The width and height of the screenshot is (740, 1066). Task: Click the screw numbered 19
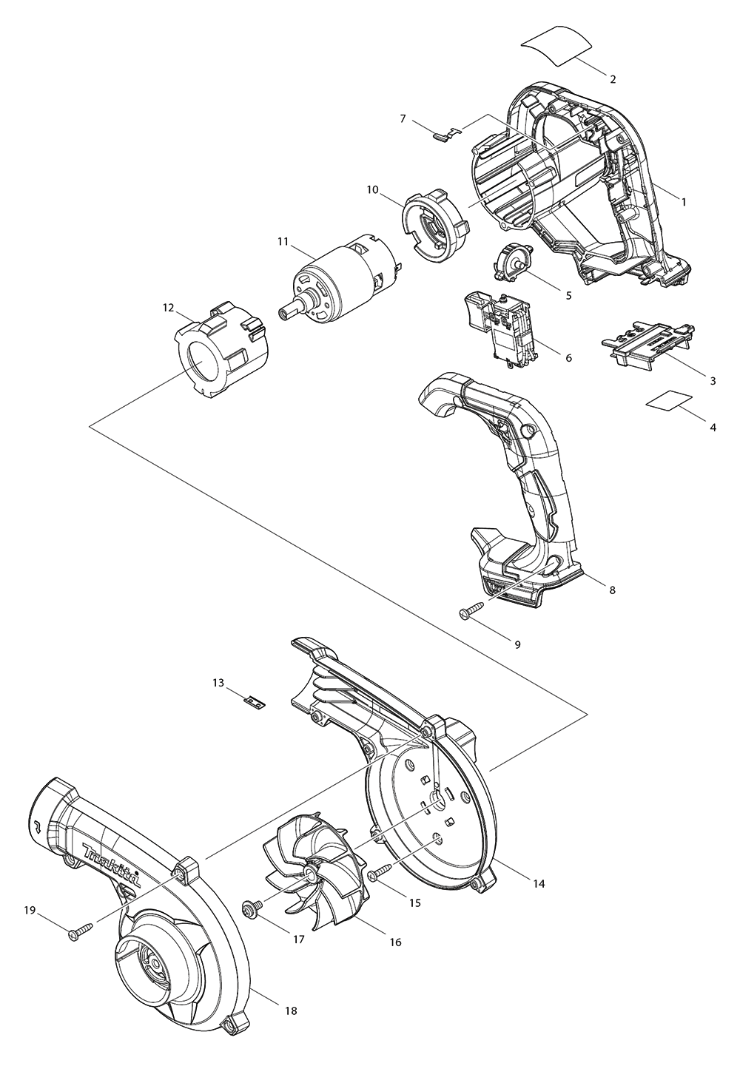click(81, 934)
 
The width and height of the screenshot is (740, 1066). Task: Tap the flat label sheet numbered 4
click(667, 399)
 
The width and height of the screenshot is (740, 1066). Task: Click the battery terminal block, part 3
click(649, 342)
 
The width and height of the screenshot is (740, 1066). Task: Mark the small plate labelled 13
click(256, 701)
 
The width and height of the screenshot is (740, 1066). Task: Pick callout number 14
click(539, 883)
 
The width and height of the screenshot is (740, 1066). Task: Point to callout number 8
click(611, 590)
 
